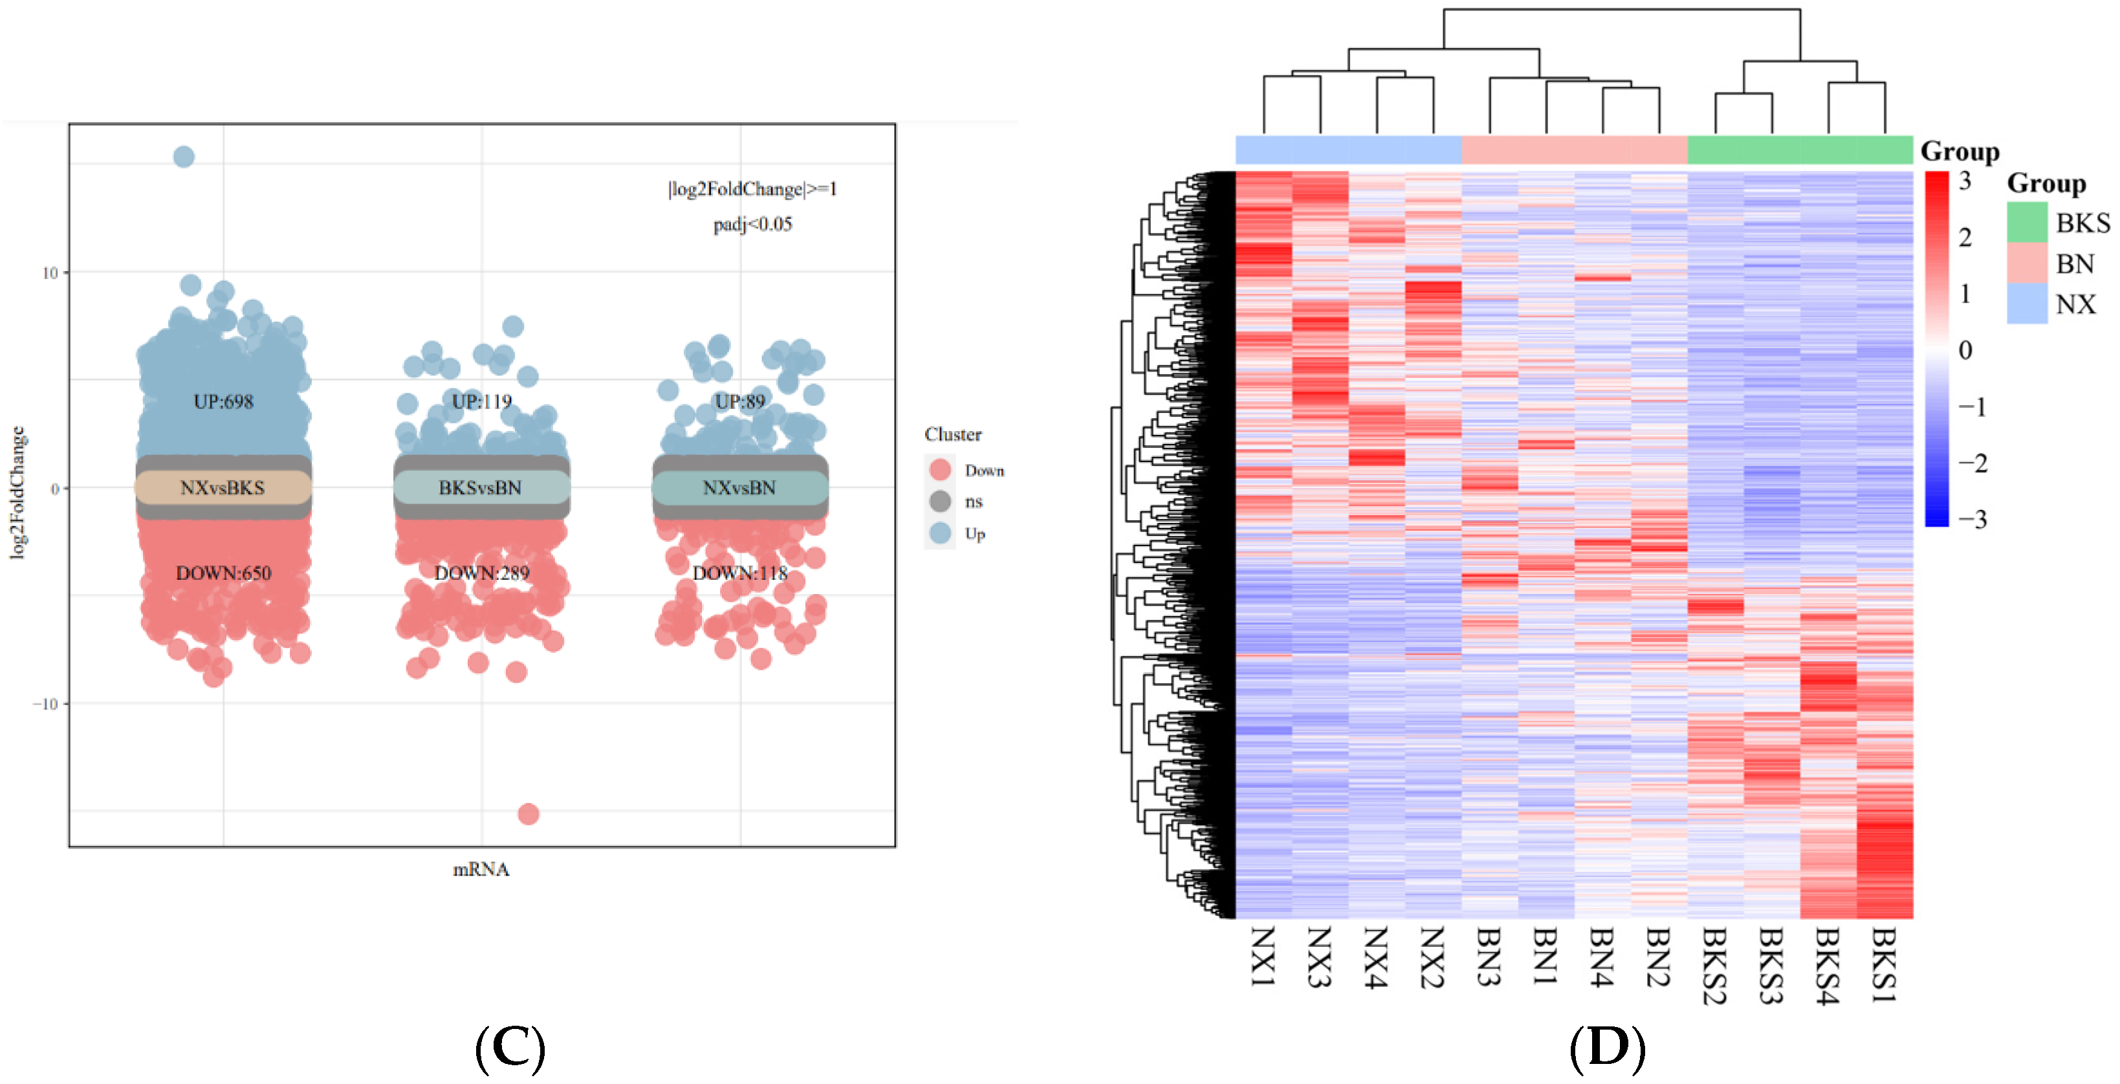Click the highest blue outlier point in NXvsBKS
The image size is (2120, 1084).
184,157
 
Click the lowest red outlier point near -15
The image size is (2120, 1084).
529,814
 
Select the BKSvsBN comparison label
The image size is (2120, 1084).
481,487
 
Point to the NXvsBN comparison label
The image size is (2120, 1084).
739,487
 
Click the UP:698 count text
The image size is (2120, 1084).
223,402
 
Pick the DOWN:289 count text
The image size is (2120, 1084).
481,573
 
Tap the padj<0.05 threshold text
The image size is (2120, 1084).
752,224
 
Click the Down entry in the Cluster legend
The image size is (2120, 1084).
983,470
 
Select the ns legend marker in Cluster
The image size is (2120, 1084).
940,502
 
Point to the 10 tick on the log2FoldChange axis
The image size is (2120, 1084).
49,272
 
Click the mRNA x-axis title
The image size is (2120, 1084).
481,869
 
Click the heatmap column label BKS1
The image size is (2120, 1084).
1885,963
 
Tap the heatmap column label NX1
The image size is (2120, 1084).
1263,957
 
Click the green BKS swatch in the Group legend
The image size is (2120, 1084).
2026,222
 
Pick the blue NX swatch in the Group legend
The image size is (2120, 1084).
2026,304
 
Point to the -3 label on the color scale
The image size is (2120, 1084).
1972,520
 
